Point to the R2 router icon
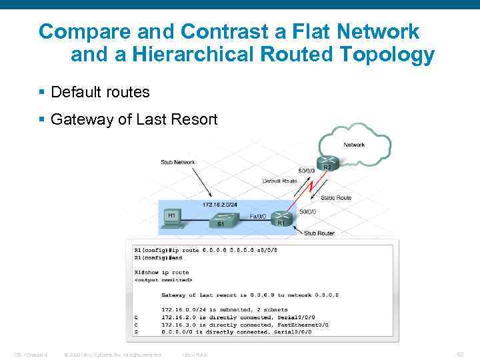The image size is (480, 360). tap(326, 162)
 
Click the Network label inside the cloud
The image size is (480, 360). tap(353, 145)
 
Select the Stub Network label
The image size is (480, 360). tap(177, 162)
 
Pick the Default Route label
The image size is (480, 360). tap(279, 181)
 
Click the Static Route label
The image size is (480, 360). tap(336, 197)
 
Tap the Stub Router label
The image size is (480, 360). tap(319, 234)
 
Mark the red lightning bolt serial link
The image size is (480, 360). tap(311, 187)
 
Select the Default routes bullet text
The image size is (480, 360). tap(100, 92)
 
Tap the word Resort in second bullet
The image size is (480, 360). tap(193, 119)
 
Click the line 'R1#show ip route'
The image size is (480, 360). tap(161, 272)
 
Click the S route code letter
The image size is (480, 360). tap(136, 331)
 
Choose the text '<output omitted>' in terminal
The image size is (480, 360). tap(163, 279)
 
